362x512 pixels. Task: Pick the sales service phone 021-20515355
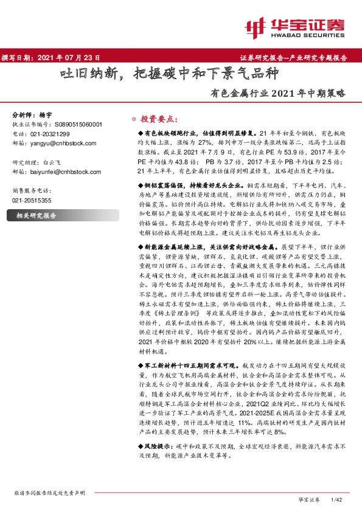33,200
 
